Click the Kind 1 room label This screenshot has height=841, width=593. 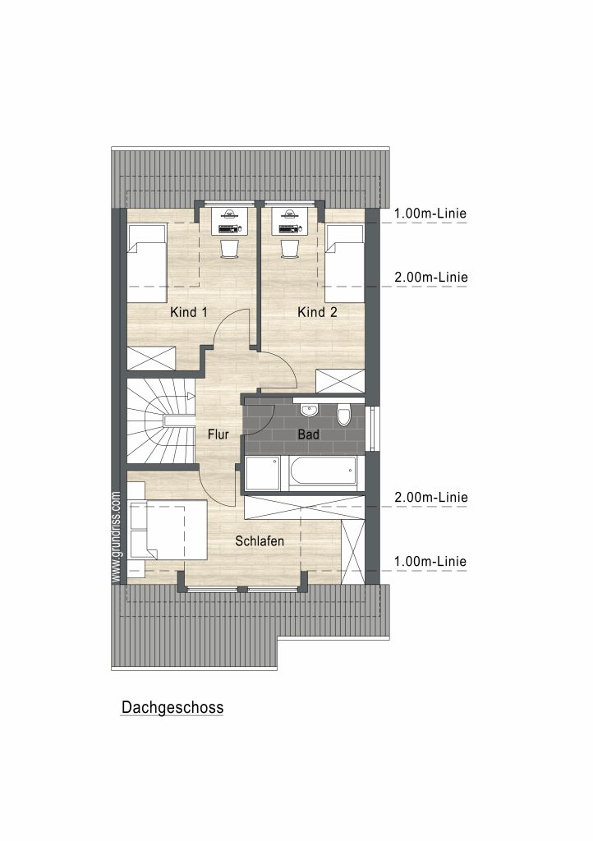[188, 312]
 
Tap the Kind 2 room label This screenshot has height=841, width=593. [317, 312]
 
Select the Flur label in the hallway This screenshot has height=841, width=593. [218, 434]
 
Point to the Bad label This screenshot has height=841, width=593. [308, 434]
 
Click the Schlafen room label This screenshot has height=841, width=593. [260, 541]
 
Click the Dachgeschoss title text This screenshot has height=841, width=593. [172, 707]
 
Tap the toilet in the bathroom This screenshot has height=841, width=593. [343, 415]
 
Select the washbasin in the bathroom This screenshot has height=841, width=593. [309, 411]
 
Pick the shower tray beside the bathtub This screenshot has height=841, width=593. [263, 473]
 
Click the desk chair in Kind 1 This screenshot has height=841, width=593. [229, 248]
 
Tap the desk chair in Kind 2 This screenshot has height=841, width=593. [290, 248]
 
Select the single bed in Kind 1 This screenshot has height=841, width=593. [146, 264]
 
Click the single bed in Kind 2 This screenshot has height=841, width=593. [345, 264]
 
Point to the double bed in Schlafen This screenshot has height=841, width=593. [167, 531]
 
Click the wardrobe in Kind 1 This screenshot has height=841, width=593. [151, 358]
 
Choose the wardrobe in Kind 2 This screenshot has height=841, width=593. [341, 381]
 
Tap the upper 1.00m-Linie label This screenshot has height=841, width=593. [430, 214]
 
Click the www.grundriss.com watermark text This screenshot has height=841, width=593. [117, 537]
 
